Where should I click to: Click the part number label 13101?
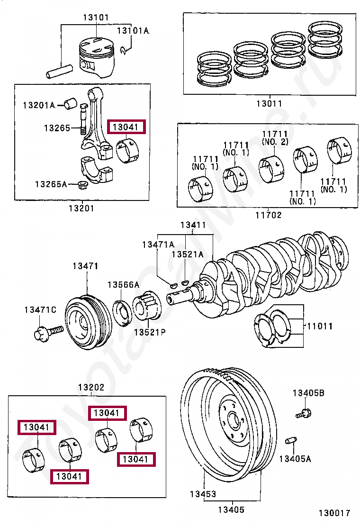(x=96, y=18)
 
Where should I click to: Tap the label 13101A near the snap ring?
(x=133, y=31)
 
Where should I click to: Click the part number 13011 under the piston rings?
(x=269, y=104)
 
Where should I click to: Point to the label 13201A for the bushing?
(x=39, y=105)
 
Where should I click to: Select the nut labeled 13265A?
(x=82, y=184)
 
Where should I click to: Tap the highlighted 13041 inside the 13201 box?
(x=126, y=127)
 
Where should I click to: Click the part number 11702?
(x=269, y=215)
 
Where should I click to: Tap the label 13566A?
(x=123, y=285)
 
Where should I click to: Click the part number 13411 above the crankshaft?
(x=193, y=225)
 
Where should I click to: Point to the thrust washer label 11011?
(x=319, y=327)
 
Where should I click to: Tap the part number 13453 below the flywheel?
(x=203, y=494)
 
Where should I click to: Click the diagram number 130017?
(x=334, y=513)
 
